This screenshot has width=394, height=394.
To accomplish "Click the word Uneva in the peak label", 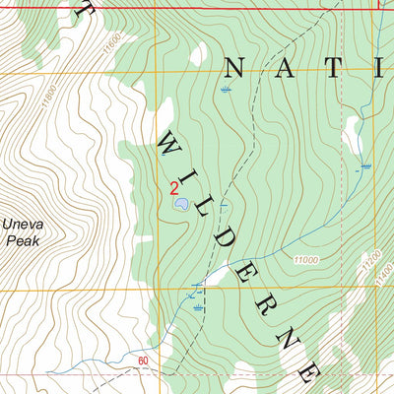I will (20, 225).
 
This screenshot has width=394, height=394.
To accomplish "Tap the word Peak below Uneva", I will (20, 239).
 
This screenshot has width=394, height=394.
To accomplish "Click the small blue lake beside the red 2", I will (182, 205).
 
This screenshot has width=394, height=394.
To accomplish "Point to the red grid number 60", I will (144, 361).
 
